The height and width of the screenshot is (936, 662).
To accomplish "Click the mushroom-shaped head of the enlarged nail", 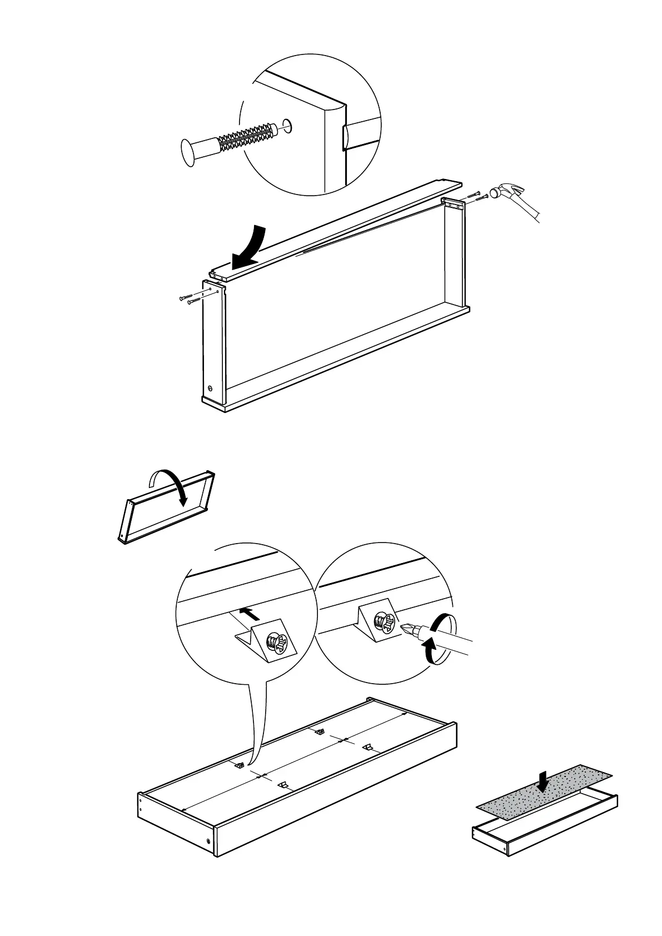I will click(190, 151).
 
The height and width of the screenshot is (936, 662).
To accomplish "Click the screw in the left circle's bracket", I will click(278, 644).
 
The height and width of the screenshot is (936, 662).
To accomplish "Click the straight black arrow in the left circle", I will click(250, 614).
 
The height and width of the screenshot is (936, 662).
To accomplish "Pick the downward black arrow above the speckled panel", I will click(545, 781).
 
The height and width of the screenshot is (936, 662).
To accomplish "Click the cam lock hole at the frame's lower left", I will click(210, 389).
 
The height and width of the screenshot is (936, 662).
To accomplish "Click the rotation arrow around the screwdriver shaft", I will click(439, 639).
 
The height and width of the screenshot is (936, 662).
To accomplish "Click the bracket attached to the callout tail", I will click(240, 765).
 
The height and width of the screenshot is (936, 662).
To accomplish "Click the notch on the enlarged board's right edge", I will click(345, 137).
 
